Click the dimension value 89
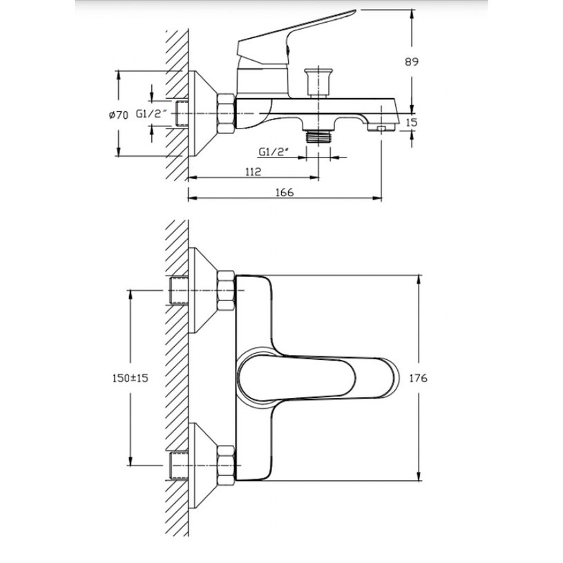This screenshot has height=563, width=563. pos(412,61)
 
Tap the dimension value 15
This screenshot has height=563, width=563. pos(412,122)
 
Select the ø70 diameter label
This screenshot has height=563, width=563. pos(119,115)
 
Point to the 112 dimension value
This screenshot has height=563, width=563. pos(253,171)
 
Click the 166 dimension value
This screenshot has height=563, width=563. pos(285,193)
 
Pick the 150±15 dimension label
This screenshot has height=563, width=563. pos(131,378)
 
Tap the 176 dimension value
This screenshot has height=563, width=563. pos(419,378)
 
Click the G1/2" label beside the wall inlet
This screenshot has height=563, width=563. pos(151,114)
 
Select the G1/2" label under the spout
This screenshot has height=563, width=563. pos(274,152)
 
